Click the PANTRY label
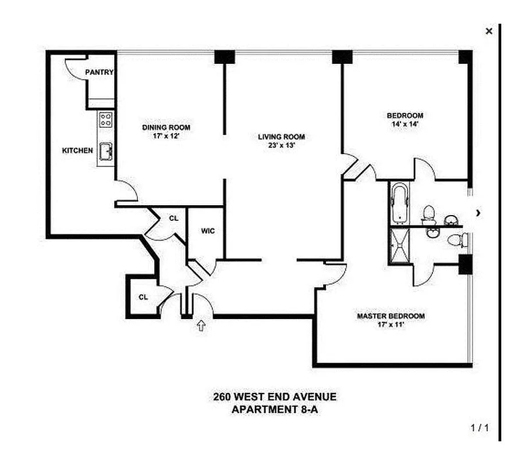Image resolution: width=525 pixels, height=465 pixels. tap(99, 73)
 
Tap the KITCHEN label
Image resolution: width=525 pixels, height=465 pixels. tap(77, 151)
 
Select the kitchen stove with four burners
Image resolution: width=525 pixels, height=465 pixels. tap(106, 120)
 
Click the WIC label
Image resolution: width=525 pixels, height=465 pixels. tap(208, 231)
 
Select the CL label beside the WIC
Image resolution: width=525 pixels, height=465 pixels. tap(173, 219)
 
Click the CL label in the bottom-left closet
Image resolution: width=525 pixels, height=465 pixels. tap(143, 297)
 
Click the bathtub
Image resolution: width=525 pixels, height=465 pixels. tap(400, 203)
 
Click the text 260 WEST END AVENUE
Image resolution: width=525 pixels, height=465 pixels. tap(274, 398)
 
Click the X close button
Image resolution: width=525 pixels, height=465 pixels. tap(489, 31)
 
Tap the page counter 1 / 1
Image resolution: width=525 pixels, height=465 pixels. tap(480, 429)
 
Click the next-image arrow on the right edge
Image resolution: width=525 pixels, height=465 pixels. tap(478, 213)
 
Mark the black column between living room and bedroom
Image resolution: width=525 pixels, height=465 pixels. tap(342, 57)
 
